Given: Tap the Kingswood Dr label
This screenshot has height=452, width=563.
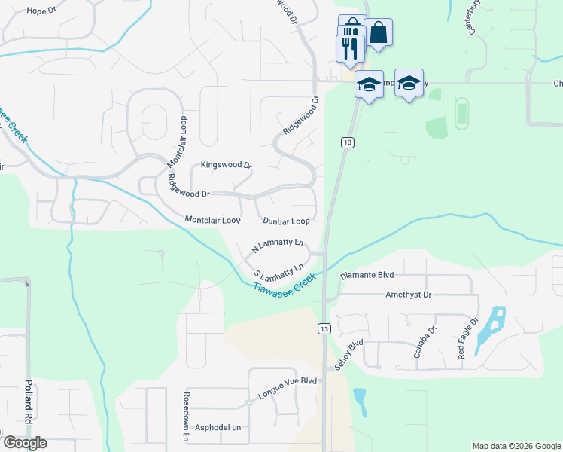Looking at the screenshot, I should click(226, 165).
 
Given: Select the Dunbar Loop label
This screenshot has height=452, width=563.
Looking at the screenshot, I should click(286, 221).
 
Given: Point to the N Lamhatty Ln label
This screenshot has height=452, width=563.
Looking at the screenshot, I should click(277, 244).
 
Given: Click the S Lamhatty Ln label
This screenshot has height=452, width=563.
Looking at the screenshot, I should click(278, 270).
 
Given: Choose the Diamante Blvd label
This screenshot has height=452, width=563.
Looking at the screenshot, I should click(367, 276).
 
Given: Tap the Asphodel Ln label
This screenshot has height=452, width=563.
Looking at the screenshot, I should click(218, 427).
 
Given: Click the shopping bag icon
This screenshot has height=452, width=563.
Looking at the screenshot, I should click(379, 32).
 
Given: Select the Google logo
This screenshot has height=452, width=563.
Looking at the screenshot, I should click(24, 442).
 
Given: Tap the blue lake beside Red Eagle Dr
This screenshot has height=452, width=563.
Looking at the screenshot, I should click(493, 324).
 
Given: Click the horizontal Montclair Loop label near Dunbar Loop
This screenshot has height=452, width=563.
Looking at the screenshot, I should click(212, 220).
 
